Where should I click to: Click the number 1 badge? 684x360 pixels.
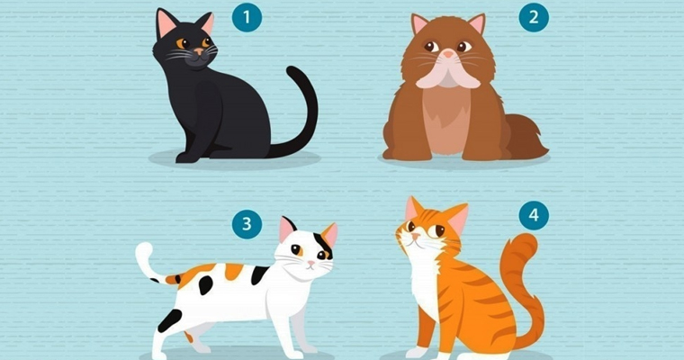pyautogui.click(x=247, y=17)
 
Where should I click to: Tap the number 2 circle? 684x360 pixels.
pyautogui.click(x=534, y=17)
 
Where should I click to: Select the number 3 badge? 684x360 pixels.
pyautogui.click(x=247, y=224)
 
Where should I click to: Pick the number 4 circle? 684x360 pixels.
pyautogui.click(x=534, y=215)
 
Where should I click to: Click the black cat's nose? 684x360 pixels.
pyautogui.click(x=199, y=51)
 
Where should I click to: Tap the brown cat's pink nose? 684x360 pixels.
pyautogui.click(x=448, y=54)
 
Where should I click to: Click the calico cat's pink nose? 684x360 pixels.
pyautogui.click(x=310, y=264)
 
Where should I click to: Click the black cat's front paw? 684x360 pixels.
pyautogui.click(x=187, y=157)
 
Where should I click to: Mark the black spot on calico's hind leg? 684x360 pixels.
pyautogui.click(x=169, y=319)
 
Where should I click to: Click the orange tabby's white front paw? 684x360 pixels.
pyautogui.click(x=416, y=352)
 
